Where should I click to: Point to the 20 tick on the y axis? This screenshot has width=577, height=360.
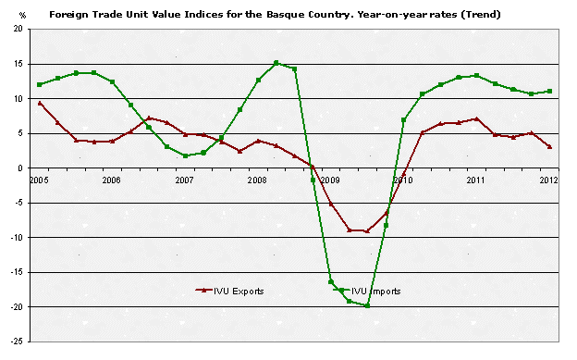coord(18,30)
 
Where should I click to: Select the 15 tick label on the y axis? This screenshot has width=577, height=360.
coord(18,64)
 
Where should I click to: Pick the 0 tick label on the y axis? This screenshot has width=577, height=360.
coord(20,168)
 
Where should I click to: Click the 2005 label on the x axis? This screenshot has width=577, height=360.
coord(39,180)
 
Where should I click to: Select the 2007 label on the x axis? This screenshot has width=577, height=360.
coord(184,180)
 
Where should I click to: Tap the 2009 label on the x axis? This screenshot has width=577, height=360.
coord(330,180)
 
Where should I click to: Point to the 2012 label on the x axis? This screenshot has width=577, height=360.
coord(549,180)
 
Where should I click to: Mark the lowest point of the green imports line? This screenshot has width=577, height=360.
coord(367,305)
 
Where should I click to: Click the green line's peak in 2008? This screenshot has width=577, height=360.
coord(276,63)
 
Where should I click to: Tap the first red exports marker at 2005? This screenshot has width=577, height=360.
coord(39,103)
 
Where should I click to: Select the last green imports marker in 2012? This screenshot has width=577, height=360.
coord(549,91)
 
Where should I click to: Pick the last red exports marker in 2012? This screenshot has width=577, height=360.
coord(549,146)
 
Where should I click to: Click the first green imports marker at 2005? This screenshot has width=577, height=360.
coord(39,84)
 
